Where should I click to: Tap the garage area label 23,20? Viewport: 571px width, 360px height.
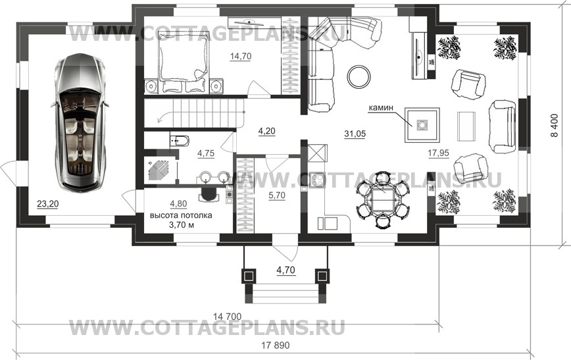tap(47, 204)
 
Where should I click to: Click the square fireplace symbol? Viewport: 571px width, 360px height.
tap(419, 123)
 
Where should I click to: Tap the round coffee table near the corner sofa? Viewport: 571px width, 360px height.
tap(360, 76)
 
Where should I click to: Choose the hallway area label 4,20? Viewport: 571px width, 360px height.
tap(266, 131)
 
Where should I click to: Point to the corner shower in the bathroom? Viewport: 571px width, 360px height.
tap(160, 168)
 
